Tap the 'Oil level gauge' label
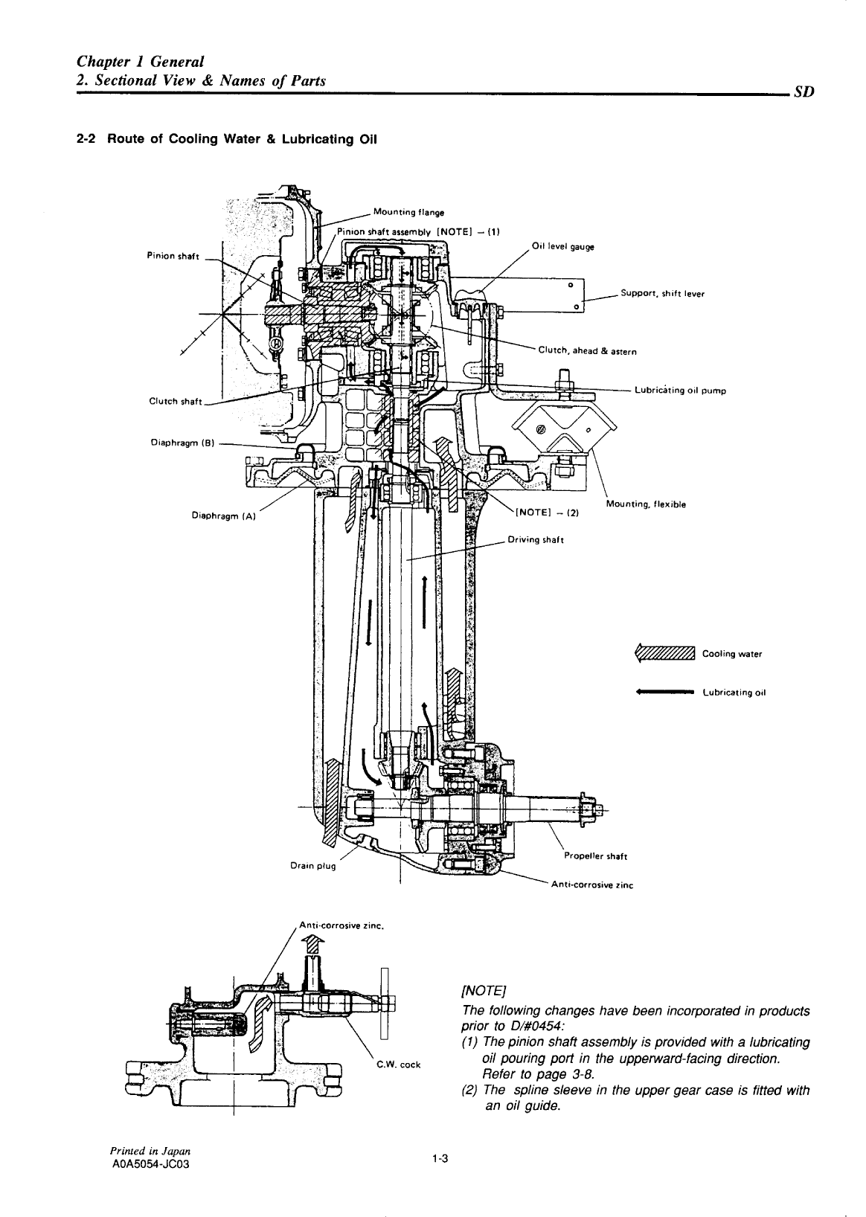coord(562,246)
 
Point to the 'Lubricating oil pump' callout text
coord(680,390)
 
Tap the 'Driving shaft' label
coord(535,540)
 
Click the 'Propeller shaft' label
coord(595,856)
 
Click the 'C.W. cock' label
coord(399,1064)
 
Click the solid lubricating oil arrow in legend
coord(664,692)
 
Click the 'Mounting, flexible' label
coord(645,504)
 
